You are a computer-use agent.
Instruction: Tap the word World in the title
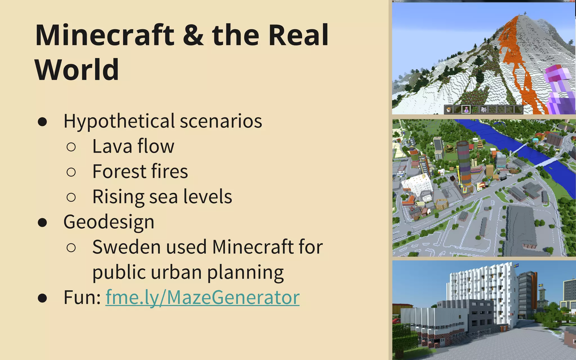pos(77,69)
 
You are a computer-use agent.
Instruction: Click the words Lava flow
pos(133,146)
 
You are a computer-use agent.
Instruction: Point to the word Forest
pos(119,171)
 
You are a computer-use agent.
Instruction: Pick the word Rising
pos(118,197)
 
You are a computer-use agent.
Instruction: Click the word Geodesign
pos(109,222)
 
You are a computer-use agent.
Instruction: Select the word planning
pos(245,273)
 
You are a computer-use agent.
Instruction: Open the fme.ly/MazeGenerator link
pos(202,297)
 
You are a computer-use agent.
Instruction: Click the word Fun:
pos(82,297)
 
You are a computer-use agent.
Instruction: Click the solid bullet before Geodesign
pos(42,222)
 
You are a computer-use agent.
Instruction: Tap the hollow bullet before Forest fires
pos(71,172)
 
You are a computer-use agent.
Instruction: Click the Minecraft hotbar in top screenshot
pos(483,109)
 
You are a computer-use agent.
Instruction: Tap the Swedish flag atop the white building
pos(516,265)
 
